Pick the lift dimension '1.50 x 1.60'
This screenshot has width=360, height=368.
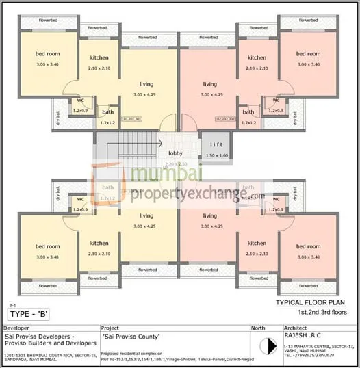pos(216,156)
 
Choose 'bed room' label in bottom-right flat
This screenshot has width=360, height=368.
pos(309,246)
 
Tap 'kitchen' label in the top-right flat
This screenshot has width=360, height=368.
pos(257,58)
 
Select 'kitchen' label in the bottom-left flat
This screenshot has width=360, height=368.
pos(99,244)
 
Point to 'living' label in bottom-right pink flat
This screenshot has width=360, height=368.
pos(209,216)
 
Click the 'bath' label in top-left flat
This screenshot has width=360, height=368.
pos(107,112)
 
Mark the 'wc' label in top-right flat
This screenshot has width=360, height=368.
pos(276,100)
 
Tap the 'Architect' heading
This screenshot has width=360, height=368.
pos(296,328)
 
